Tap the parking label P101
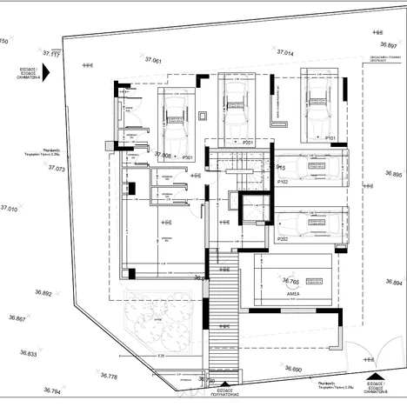pyautogui.click(x=330, y=138)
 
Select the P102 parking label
pyautogui.click(x=283, y=182)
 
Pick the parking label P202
pyautogui.click(x=282, y=238)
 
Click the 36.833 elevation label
pyautogui.click(x=28, y=354)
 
